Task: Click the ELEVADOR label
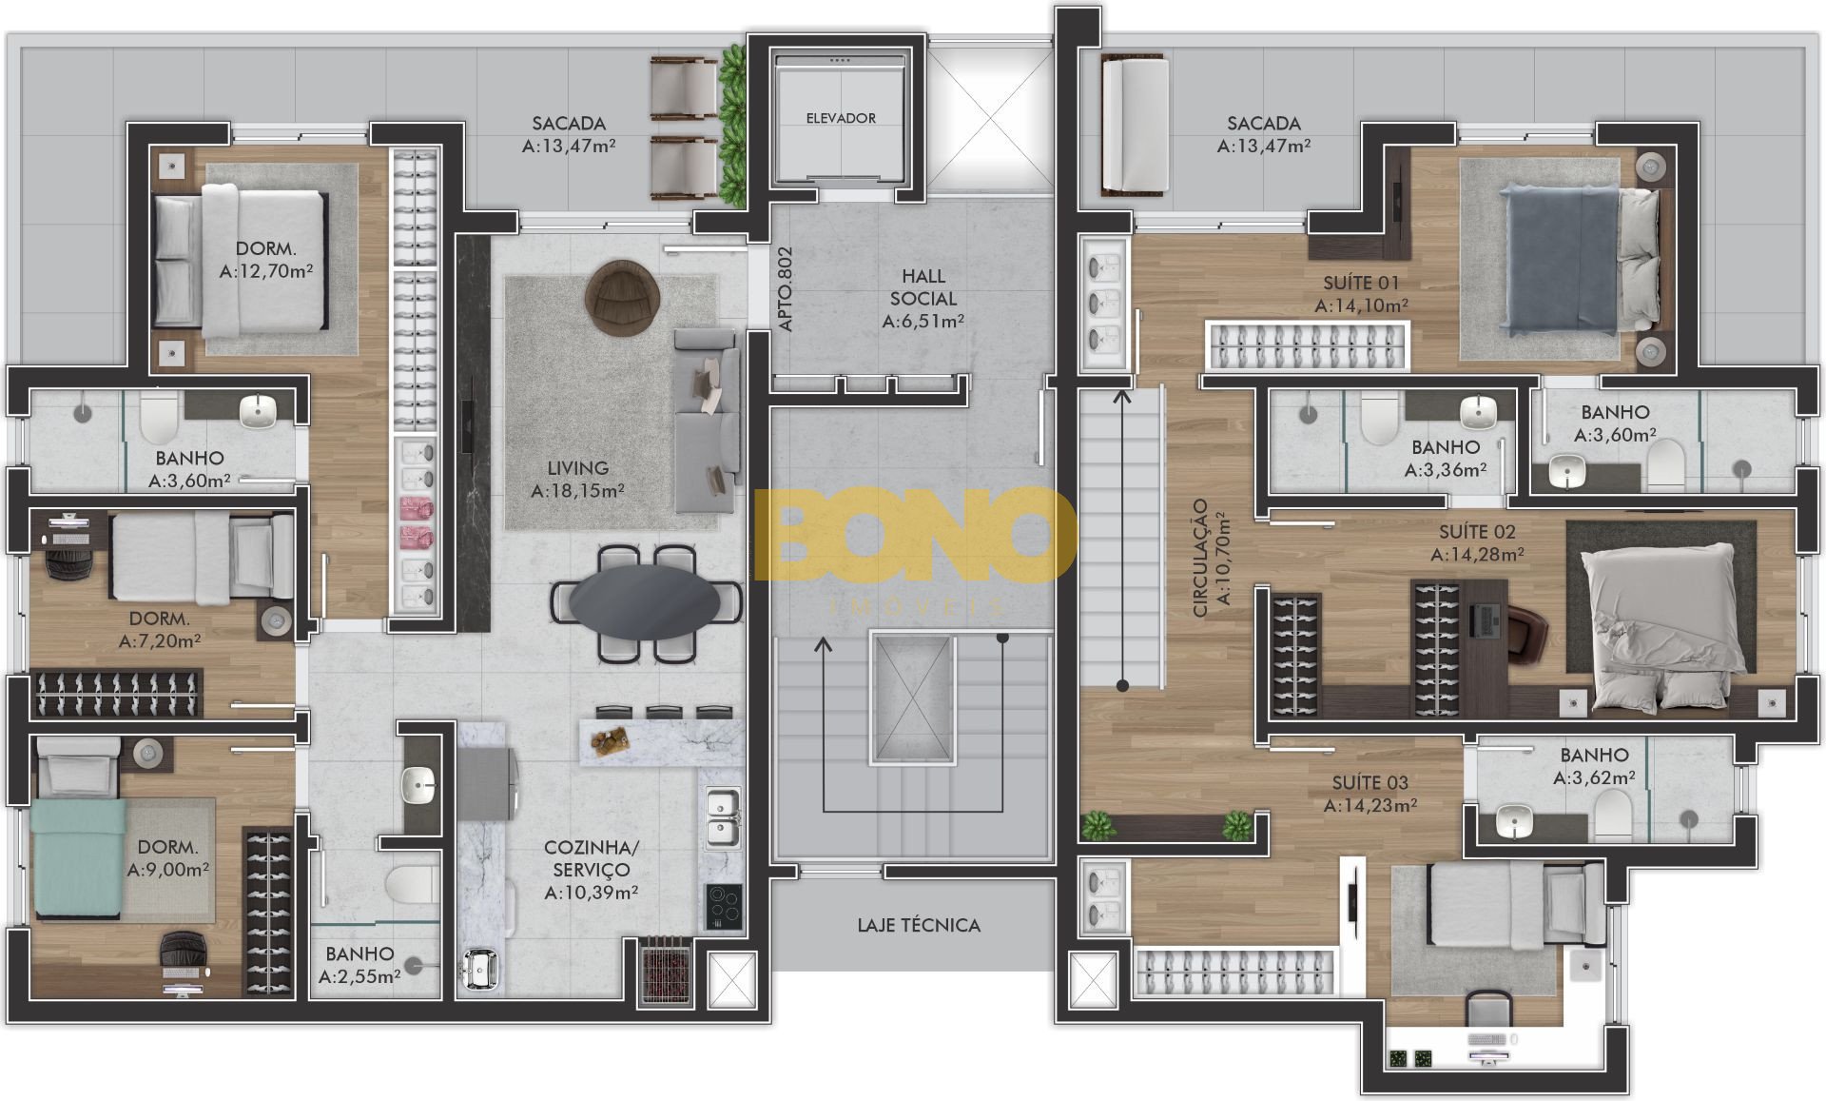841,118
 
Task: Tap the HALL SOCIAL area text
923,298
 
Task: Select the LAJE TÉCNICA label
919,925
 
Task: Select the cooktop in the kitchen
725,906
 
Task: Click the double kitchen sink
724,816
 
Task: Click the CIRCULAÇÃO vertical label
1212,559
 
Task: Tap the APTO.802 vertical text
786,289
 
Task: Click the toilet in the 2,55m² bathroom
411,883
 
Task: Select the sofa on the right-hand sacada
1135,125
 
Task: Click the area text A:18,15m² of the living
577,491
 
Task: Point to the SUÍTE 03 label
1369,782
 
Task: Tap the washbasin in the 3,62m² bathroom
1514,820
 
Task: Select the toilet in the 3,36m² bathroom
1378,420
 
